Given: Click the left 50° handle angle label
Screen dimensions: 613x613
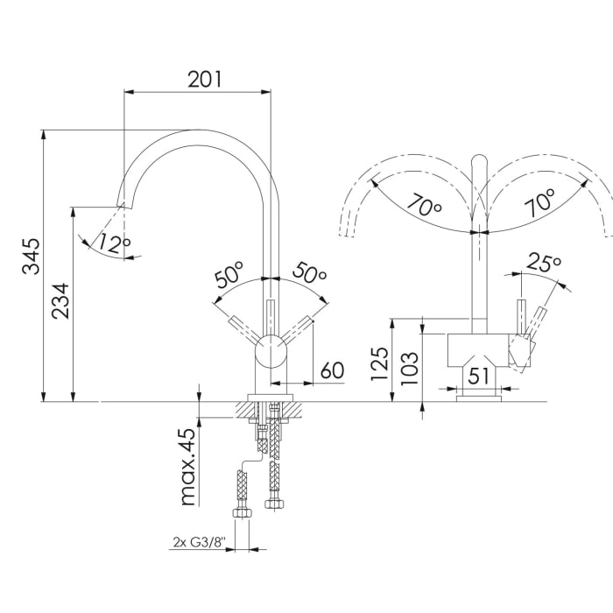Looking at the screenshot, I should click(x=229, y=278).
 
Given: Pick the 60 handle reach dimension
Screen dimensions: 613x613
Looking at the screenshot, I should click(x=331, y=370).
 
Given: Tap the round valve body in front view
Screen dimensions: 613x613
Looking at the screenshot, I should click(x=271, y=354).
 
